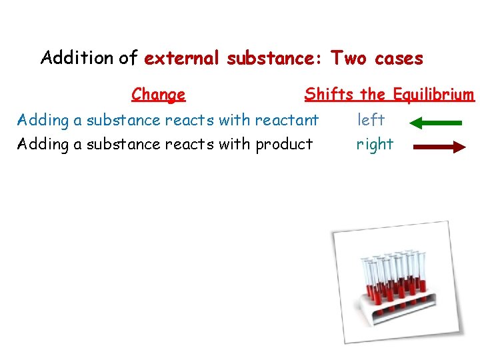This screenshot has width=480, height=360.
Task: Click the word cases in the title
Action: coord(399,59)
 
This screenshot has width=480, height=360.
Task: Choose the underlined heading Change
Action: coord(158,95)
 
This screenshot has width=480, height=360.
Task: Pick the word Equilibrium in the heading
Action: coord(433,95)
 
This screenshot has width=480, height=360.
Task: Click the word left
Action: coord(371,120)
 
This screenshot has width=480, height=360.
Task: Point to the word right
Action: coord(375,145)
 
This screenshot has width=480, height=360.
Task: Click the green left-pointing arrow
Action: coord(435,123)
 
